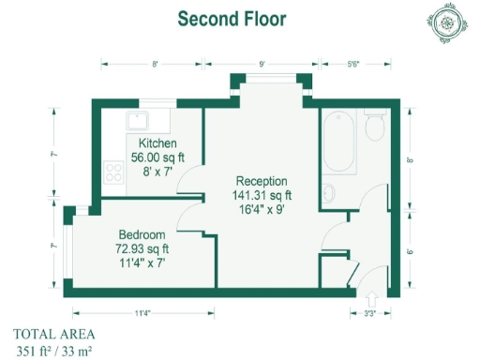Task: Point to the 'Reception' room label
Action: (x=262, y=181)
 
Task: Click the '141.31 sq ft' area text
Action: (x=262, y=196)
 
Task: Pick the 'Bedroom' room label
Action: (x=142, y=234)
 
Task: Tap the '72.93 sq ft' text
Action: (x=143, y=249)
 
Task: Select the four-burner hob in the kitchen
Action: (x=115, y=172)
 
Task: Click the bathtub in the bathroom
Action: (x=339, y=142)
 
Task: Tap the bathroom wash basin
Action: (x=329, y=193)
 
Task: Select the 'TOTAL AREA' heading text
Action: (x=53, y=334)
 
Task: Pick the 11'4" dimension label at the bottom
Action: (x=142, y=312)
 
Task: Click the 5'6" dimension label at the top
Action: (x=353, y=64)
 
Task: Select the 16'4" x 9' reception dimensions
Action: (x=262, y=211)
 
